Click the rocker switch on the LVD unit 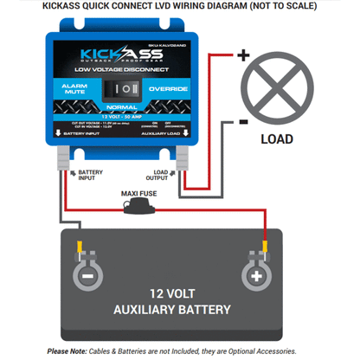pyautogui.click(x=127, y=87)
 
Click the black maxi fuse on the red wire pyautogui.click(x=138, y=207)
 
